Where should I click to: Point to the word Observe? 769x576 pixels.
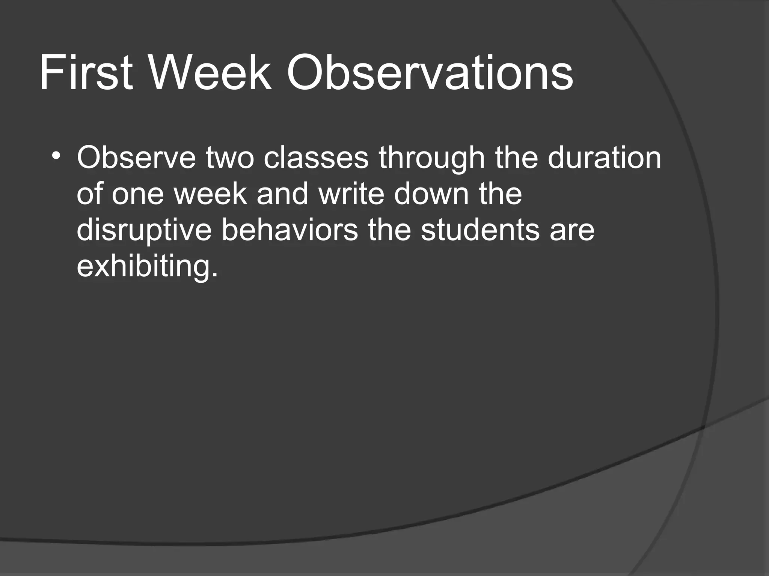click(x=136, y=158)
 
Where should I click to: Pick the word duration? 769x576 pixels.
click(x=604, y=158)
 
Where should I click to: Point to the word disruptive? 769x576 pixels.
click(x=144, y=231)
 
